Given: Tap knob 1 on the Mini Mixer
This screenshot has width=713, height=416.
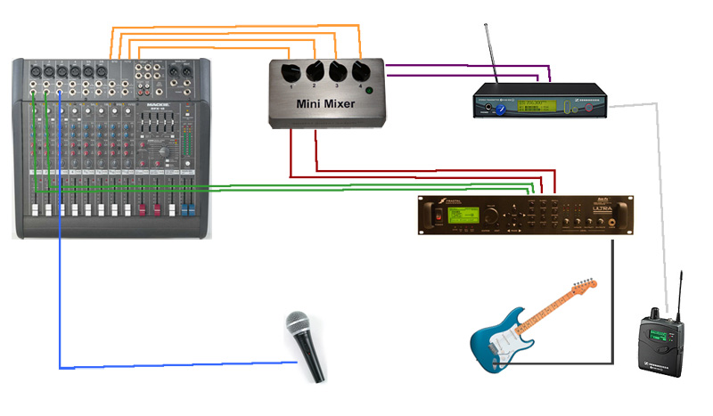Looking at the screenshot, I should pyautogui.click(x=291, y=73).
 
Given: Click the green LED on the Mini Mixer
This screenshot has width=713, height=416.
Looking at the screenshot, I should pyautogui.click(x=369, y=92).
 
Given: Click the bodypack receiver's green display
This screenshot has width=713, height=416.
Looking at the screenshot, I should pyautogui.click(x=658, y=335).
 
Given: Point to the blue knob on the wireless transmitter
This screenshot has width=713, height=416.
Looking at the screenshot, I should pyautogui.click(x=502, y=109).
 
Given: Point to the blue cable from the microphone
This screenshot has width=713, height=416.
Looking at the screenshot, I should pyautogui.click(x=60, y=294).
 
